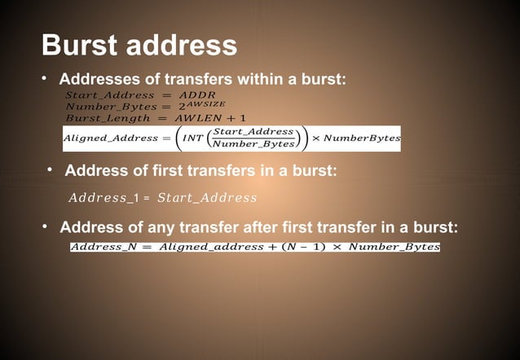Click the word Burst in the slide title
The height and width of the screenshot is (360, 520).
[x=77, y=45]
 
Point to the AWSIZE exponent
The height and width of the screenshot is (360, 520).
[x=205, y=103]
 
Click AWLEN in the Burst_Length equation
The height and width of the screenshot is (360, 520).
[x=198, y=118]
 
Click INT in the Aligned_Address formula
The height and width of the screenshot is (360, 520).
[x=192, y=138]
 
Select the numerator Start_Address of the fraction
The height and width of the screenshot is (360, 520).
[x=253, y=131]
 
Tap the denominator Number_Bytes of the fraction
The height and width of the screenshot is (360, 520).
[x=253, y=144]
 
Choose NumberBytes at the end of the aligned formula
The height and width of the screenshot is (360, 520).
[x=362, y=138]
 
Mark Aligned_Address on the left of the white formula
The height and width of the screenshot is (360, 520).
[x=110, y=138]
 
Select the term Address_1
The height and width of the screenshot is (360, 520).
[x=102, y=198]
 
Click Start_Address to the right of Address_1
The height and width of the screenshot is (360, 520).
[x=207, y=198]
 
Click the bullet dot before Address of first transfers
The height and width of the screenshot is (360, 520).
[x=50, y=170]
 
